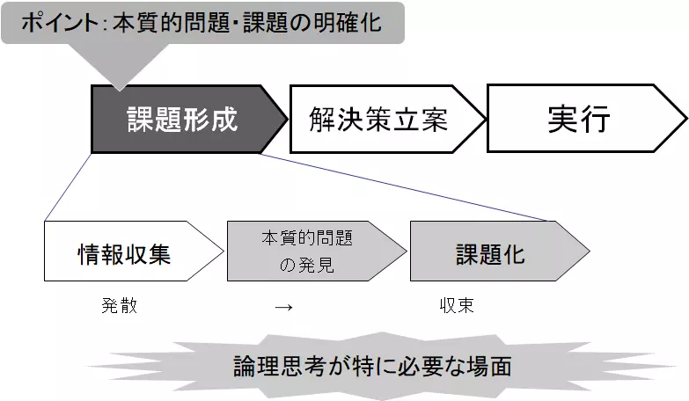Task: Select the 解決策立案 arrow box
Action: pyautogui.click(x=379, y=119)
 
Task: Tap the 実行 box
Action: pyautogui.click(x=577, y=119)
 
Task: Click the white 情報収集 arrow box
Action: pyautogui.click(x=123, y=252)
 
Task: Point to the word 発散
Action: pyautogui.click(x=119, y=306)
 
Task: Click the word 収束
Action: pyautogui.click(x=457, y=306)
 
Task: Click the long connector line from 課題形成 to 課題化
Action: pyautogui.click(x=405, y=186)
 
